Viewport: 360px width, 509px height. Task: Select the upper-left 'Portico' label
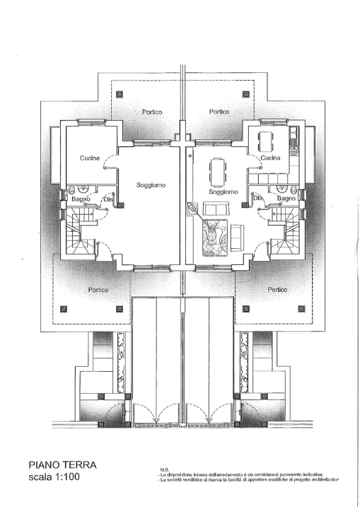pyautogui.click(x=151, y=112)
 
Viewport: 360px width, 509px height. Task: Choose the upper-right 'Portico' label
pyautogui.click(x=219, y=112)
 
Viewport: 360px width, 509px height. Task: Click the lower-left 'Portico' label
pyautogui.click(x=98, y=289)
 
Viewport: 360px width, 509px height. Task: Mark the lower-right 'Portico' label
pyautogui.click(x=278, y=289)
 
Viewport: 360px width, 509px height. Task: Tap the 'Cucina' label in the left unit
pyautogui.click(x=89, y=158)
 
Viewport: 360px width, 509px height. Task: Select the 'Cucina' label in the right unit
pyautogui.click(x=270, y=158)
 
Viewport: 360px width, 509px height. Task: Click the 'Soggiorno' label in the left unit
pyautogui.click(x=151, y=185)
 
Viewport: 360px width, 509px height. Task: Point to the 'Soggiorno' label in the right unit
pyautogui.click(x=223, y=192)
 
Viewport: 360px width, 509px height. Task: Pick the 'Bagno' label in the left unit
pyautogui.click(x=80, y=200)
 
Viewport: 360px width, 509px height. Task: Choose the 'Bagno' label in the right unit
pyautogui.click(x=286, y=199)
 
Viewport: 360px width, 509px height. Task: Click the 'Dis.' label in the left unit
pyautogui.click(x=109, y=199)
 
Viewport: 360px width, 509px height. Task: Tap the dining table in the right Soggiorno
pyautogui.click(x=215, y=170)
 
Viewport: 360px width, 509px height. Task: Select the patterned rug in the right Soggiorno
pyautogui.click(x=214, y=235)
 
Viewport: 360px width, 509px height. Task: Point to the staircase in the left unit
pyautogui.click(x=79, y=236)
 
